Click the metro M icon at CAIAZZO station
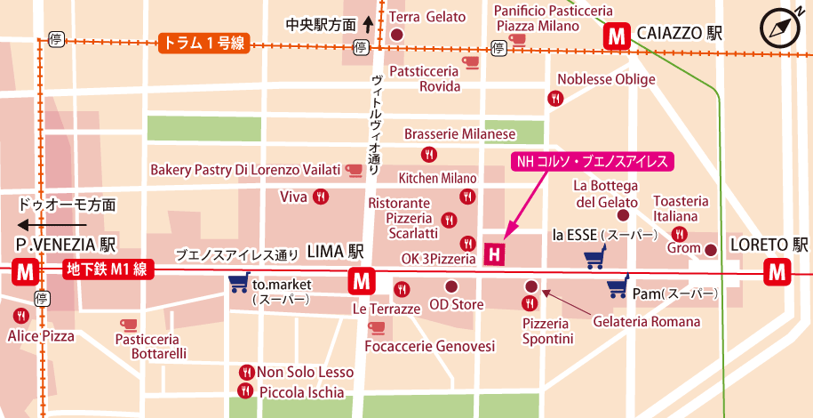click(616, 36)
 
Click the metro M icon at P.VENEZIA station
click(26, 272)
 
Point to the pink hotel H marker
click(495, 254)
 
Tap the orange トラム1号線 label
click(204, 41)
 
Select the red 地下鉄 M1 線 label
click(108, 269)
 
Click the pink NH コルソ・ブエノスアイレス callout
click(592, 161)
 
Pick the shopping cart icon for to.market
click(238, 284)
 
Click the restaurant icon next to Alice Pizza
click(20, 316)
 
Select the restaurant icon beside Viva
click(320, 197)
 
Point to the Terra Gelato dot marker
click(396, 35)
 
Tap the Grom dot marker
click(711, 250)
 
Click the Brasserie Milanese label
click(459, 133)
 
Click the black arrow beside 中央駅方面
click(368, 24)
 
